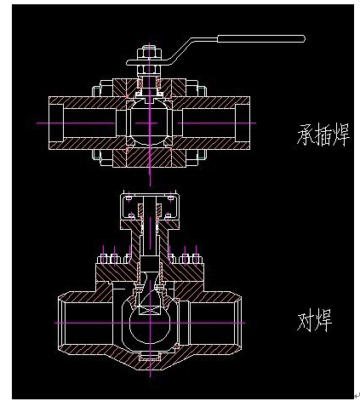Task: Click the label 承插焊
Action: click(323, 135)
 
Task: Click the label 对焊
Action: click(314, 321)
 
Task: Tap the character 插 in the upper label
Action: click(323, 135)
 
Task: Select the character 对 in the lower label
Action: click(306, 321)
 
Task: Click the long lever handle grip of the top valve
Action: click(261, 39)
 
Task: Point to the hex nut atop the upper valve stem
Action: click(149, 54)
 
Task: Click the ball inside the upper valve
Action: click(150, 123)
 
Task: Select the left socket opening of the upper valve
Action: click(56, 123)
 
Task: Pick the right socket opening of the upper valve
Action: click(243, 123)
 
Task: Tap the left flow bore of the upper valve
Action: click(89, 123)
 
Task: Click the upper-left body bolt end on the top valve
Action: click(97, 91)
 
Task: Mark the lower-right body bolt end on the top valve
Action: click(202, 155)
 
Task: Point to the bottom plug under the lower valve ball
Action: click(150, 356)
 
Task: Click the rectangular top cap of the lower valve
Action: click(150, 206)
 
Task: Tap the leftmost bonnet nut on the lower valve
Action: click(103, 259)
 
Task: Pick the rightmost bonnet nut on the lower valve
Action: click(197, 259)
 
